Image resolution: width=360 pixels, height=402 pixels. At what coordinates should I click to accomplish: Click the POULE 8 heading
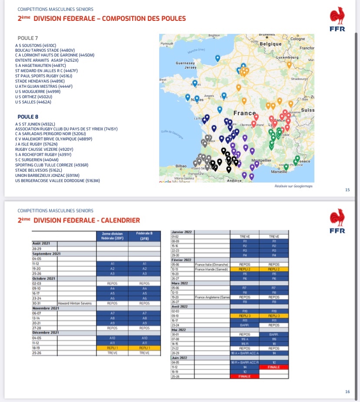pos(28,117)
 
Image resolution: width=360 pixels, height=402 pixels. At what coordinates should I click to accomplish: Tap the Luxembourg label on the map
pos(287,57)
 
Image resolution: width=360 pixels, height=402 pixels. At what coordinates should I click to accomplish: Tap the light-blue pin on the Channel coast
pos(217,57)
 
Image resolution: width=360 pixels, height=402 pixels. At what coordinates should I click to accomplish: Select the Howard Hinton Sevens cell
pos(75,303)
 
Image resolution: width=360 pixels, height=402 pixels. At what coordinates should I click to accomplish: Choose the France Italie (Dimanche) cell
pos(212,264)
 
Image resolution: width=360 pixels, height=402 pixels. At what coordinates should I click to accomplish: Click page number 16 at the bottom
pos(347,392)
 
